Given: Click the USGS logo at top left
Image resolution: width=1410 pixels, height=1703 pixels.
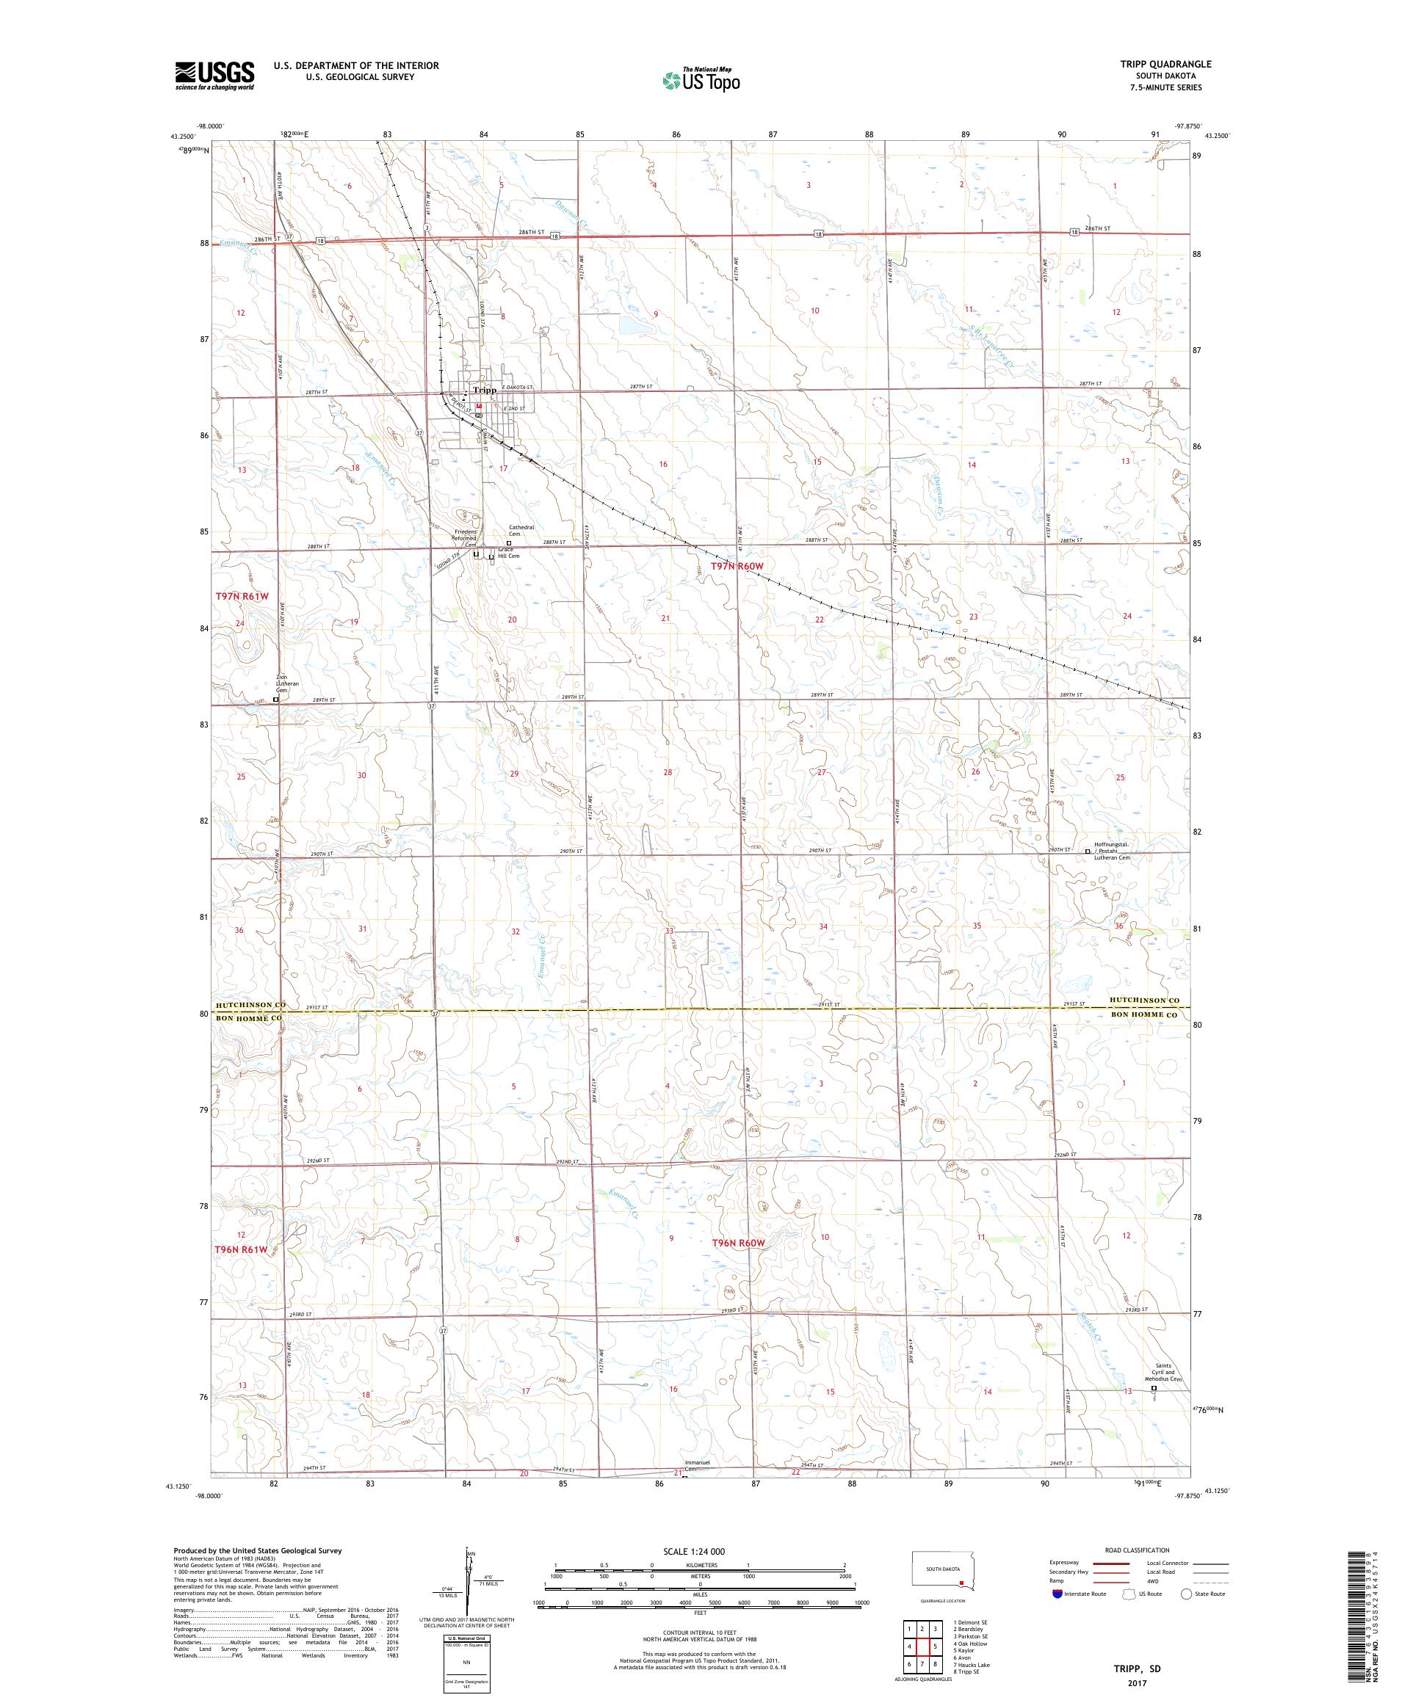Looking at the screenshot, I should [x=215, y=76].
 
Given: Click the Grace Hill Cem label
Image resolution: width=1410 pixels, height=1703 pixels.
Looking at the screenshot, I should [x=508, y=552].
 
